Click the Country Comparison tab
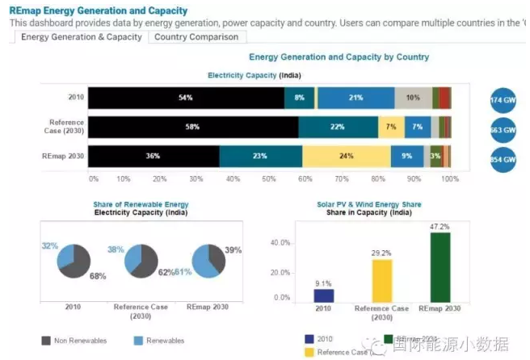click(196, 37)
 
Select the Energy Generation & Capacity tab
click(81, 37)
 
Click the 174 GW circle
click(503, 100)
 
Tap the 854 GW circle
click(503, 159)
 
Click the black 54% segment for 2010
click(186, 98)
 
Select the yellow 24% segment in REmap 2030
click(346, 156)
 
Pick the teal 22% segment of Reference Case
click(338, 128)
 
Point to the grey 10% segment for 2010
click(413, 98)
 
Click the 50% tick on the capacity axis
click(269, 178)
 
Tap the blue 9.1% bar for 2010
click(323, 295)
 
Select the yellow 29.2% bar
click(381, 280)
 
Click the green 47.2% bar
click(440, 267)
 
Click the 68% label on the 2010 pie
click(97, 277)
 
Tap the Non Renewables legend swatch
click(45, 341)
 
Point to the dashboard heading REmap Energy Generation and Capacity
click(99, 11)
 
